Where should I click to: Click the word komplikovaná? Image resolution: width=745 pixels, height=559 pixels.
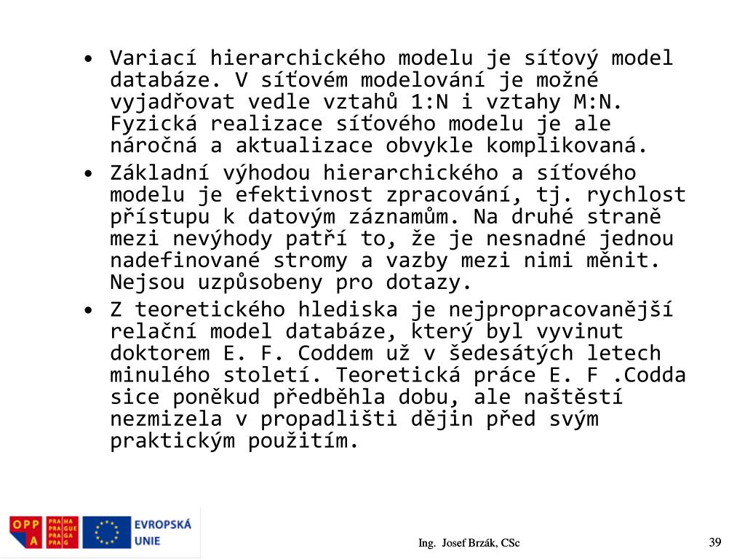click(x=567, y=145)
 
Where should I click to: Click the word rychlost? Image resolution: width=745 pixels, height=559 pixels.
click(x=636, y=194)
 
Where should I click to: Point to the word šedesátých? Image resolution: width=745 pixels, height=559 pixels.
click(x=504, y=354)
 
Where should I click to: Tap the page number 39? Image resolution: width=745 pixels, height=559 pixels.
click(x=714, y=542)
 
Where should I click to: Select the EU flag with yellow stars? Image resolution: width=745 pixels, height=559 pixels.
click(x=106, y=532)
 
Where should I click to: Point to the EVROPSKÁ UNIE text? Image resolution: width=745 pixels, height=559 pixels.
click(x=162, y=532)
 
